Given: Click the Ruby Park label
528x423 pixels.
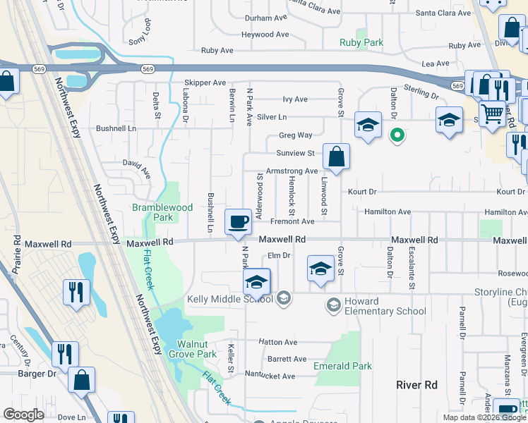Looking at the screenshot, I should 362,43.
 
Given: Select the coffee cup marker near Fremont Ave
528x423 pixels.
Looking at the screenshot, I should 238,221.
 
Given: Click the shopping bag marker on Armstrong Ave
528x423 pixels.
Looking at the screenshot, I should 337,157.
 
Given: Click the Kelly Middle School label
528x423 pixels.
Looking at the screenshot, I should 229,299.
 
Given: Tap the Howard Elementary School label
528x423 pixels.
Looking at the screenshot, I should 376,306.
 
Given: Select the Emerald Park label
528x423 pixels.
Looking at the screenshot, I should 342,366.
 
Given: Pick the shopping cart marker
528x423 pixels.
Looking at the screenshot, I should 492,112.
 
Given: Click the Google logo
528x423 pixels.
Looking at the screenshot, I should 23,414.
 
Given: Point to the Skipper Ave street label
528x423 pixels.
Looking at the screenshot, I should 205,82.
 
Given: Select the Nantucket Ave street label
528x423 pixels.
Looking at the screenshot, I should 270,376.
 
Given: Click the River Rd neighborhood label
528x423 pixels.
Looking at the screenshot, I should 417,385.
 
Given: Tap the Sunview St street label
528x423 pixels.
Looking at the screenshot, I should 296,153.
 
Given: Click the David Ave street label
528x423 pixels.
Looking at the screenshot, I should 136,168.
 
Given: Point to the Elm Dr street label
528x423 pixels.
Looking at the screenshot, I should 279,255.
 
